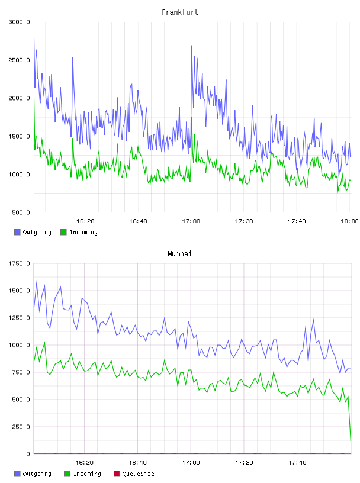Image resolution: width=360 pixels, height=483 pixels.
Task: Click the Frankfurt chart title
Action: point(180,12)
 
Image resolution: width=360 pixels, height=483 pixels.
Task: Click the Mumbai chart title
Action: point(179,254)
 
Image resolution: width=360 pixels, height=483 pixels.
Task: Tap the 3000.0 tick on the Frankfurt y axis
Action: point(19,22)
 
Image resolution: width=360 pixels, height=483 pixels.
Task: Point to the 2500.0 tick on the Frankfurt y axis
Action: point(19,60)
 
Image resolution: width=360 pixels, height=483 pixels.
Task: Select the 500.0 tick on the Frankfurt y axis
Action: point(21,212)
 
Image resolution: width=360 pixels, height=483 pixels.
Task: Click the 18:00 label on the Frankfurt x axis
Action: point(349,221)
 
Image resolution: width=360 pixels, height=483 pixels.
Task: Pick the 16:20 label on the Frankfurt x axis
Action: point(85,221)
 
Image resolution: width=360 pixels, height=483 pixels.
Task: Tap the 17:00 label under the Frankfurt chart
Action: point(191,221)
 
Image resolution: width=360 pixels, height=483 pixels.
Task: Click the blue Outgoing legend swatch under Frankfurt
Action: point(17,232)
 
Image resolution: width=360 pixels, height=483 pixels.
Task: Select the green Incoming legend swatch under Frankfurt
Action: point(63,232)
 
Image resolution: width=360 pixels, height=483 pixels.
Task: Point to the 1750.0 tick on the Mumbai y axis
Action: point(19,263)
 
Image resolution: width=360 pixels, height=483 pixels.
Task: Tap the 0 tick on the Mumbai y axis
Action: point(28,454)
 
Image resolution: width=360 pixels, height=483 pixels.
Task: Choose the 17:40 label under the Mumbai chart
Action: point(297,463)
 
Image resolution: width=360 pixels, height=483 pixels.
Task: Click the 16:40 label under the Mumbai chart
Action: point(137,463)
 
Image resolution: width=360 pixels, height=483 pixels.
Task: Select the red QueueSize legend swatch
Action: point(117,474)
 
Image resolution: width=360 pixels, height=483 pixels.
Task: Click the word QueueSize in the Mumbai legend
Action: point(138,474)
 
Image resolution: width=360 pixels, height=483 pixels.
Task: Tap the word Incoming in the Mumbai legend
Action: point(87,474)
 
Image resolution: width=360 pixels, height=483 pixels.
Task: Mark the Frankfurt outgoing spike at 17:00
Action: point(192,46)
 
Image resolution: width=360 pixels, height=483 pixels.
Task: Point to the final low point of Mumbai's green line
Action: point(351,440)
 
